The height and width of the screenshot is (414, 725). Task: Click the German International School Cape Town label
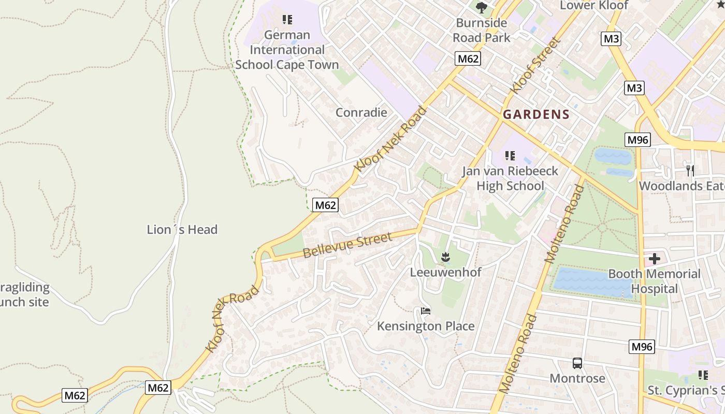point(287,50)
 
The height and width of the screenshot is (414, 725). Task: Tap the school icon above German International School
point(287,20)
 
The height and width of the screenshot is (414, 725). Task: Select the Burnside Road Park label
point(482,30)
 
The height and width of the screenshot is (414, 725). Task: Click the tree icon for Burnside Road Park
point(482,7)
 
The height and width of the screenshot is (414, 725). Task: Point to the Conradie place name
point(361,112)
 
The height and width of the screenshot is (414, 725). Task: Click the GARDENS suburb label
point(536,115)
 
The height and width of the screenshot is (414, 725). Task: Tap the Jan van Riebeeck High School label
point(510,179)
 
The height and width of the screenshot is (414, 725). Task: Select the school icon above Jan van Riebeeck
point(510,155)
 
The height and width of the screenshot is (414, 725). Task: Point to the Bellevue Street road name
point(347,245)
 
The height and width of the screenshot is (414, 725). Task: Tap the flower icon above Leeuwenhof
point(445,256)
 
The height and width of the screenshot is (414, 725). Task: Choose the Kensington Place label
point(426,326)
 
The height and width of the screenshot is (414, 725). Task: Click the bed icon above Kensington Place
point(426,311)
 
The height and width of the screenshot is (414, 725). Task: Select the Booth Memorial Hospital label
point(654,281)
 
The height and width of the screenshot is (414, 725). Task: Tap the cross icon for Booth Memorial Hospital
point(655,258)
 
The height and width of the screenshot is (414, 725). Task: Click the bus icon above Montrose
point(577,363)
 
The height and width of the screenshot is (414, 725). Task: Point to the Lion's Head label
point(182,229)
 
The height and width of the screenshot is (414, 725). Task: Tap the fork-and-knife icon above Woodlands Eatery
point(690,170)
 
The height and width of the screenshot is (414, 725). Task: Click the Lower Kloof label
point(594,6)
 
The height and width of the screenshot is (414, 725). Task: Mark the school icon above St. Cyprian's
point(703,375)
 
